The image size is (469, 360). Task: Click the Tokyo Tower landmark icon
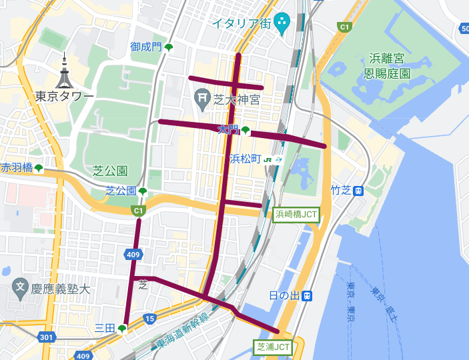pos(64,71)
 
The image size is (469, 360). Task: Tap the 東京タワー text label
pos(65,97)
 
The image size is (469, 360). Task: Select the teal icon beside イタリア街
pos(282,23)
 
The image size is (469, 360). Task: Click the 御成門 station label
pos(146,47)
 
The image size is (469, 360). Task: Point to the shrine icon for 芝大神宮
pos(201,99)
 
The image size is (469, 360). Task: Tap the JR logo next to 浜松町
pos(268,159)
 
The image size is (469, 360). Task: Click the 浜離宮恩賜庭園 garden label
pos(391,66)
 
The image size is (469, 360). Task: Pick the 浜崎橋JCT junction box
pos(296,214)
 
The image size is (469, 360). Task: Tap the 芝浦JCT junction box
pos(274,347)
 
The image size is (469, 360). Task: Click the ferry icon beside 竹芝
pos(359,191)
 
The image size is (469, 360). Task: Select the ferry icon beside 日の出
pos(307,295)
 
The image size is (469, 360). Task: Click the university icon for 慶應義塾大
pos(21,289)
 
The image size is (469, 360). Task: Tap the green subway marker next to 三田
pos(122,328)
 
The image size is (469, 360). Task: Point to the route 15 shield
pos(149,319)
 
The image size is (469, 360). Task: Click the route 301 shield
pos(46,338)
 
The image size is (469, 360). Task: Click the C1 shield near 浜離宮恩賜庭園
pos(344,27)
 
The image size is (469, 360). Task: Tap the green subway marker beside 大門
pos(246,130)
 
